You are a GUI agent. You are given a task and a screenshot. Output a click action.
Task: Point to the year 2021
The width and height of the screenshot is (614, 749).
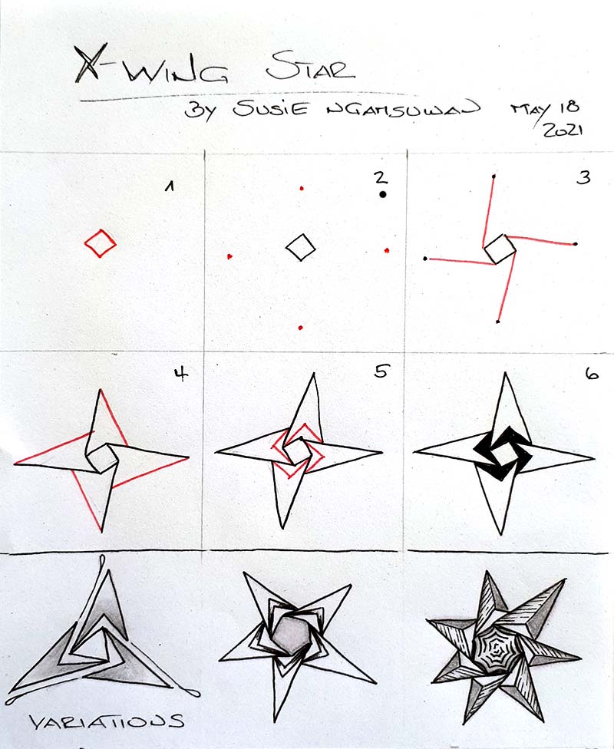coord(563,130)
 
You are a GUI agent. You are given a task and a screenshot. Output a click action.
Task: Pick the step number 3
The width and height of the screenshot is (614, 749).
coord(584,179)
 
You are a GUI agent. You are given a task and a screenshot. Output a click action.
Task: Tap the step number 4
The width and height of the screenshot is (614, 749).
coord(182,377)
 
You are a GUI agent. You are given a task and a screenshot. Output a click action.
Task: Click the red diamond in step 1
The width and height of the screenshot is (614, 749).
coord(100,244)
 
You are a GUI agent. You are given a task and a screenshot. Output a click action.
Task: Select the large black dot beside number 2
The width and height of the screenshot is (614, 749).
coord(382,195)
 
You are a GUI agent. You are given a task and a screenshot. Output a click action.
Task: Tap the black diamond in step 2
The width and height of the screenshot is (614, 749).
coord(301,246)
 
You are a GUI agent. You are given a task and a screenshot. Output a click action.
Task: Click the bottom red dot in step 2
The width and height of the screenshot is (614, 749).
coord(301,328)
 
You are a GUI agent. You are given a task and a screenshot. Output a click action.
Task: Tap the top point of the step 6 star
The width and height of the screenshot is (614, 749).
coord(505,376)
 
